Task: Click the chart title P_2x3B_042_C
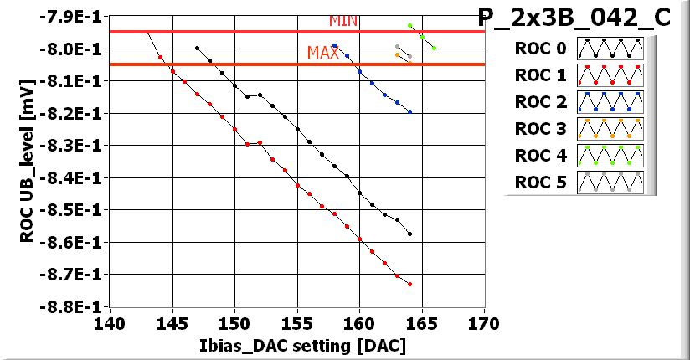(x=574, y=18)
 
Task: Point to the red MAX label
(x=323, y=53)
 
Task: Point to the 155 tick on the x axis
(x=297, y=322)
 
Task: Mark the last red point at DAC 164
(x=409, y=285)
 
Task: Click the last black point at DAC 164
(x=409, y=234)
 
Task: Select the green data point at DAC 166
(x=434, y=48)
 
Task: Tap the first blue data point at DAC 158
(x=334, y=46)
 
